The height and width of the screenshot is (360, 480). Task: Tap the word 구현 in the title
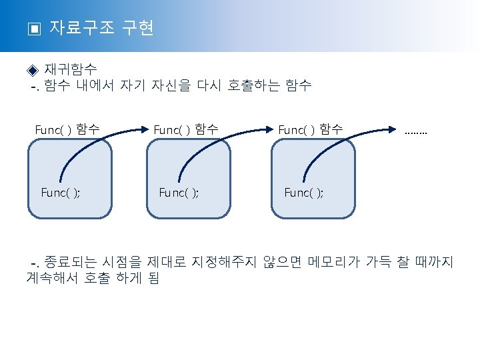coord(139,28)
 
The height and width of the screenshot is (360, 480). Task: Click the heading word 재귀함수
coord(71,69)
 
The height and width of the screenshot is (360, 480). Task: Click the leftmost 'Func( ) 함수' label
coord(68,129)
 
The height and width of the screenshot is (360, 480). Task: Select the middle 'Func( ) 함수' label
coord(186,129)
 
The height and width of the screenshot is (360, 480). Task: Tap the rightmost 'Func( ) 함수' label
coord(311,129)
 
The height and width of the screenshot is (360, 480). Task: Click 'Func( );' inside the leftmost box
coord(61,193)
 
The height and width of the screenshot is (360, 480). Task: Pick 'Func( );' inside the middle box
coord(179,193)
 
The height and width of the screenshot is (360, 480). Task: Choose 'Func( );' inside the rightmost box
coord(304,193)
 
